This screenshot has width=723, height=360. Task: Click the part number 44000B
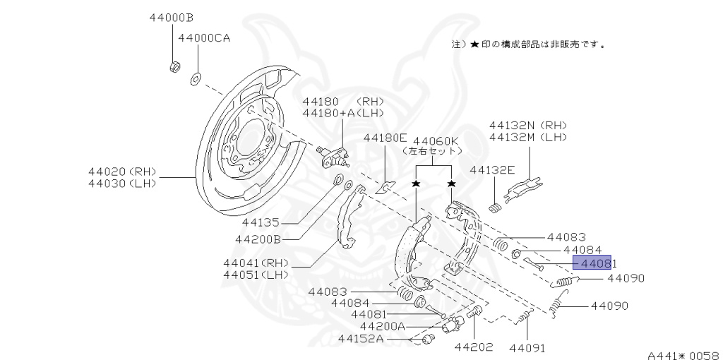tap(172, 17)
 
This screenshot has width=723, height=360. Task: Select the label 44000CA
tap(203, 38)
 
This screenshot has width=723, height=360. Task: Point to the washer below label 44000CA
tap(195, 77)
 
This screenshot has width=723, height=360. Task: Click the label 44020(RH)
tap(121, 172)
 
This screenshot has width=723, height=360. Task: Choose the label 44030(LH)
tap(121, 184)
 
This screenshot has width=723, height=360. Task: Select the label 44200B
tap(258, 239)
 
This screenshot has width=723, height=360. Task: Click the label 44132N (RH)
tap(528, 125)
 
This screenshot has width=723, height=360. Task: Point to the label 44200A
tap(382, 326)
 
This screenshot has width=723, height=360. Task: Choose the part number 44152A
tap(360, 339)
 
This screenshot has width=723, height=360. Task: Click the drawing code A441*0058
tap(682, 355)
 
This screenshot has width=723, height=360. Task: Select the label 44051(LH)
tap(256, 275)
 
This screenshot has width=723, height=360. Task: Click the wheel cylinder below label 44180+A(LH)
tap(333, 155)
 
